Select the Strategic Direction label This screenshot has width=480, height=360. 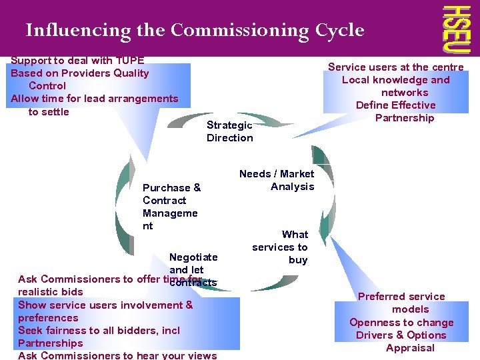click(229, 131)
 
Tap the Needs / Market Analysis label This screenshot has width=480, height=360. click(277, 180)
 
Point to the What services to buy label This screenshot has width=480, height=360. click(281, 247)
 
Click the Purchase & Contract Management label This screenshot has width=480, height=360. click(171, 207)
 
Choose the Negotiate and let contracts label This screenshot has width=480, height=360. click(193, 269)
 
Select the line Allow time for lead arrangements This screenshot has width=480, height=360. click(94, 99)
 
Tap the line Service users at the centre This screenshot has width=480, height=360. click(395, 67)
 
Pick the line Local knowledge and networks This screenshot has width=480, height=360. click(397, 86)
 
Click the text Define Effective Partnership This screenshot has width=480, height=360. click(396, 111)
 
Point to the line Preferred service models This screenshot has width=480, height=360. click(401, 303)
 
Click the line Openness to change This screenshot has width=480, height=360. click(401, 322)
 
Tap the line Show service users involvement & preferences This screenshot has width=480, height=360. click(105, 311)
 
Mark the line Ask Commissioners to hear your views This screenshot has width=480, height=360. click(117, 355)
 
